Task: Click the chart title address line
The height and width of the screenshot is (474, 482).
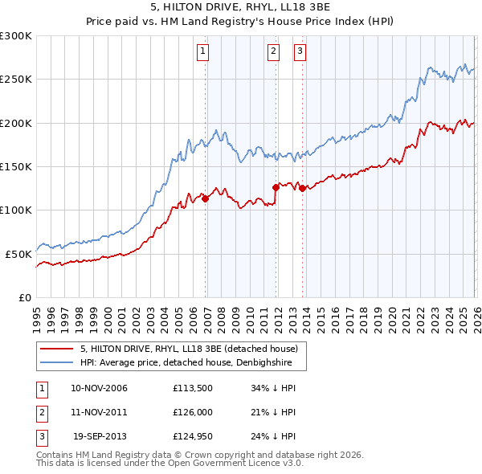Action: pos(240,7)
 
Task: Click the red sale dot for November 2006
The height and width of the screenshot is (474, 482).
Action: pos(205,198)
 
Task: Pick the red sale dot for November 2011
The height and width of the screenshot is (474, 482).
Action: pos(276,187)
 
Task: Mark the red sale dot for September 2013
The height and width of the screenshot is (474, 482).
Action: pos(303,189)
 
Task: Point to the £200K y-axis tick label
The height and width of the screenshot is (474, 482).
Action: pos(15,124)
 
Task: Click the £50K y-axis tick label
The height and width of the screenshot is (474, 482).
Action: pos(18,254)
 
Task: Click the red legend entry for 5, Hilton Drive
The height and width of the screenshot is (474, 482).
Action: pos(189,349)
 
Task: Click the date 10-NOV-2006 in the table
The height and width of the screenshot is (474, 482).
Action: pos(99,388)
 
